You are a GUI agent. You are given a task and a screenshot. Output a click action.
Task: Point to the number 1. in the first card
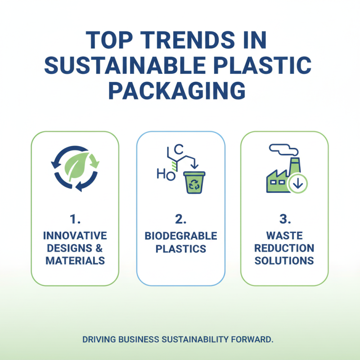[75, 220]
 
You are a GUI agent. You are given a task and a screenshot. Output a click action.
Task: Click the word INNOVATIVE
[75, 236]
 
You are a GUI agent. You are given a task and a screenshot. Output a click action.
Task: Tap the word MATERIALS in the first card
[75, 261]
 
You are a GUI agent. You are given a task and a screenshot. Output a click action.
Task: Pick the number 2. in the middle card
[180, 220]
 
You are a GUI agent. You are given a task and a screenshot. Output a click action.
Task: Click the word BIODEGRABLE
[180, 236]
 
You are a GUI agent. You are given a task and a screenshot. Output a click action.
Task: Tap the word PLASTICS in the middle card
[180, 248]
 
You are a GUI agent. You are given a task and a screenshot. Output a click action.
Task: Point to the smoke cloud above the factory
[281, 151]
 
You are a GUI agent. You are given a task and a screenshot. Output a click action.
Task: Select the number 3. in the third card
[285, 220]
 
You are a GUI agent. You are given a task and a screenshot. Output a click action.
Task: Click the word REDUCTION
[285, 248]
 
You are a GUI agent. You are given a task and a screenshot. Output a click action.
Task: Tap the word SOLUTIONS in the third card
[285, 261]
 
